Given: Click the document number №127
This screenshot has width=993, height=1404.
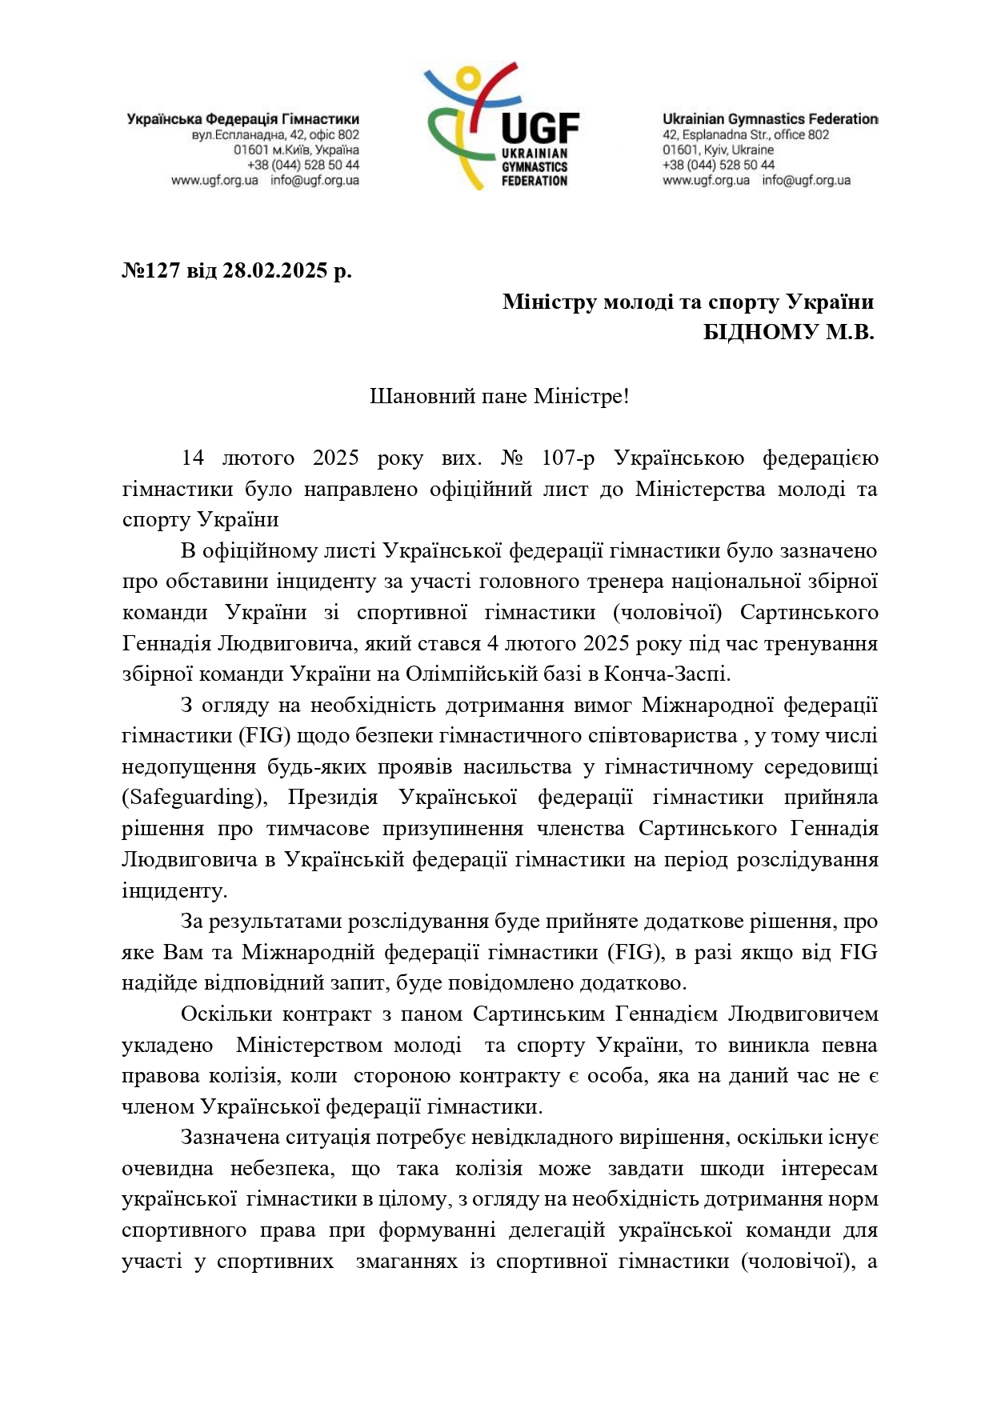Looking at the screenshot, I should pyautogui.click(x=151, y=270).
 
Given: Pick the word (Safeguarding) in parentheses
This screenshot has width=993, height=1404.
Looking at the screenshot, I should pyautogui.click(x=188, y=798).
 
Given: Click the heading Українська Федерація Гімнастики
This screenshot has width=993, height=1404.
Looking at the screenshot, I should pyautogui.click(x=242, y=119).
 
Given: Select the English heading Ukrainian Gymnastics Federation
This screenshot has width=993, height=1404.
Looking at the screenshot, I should pyautogui.click(x=770, y=119).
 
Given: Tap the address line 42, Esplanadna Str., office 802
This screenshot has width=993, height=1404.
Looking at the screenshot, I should pyautogui.click(x=746, y=134).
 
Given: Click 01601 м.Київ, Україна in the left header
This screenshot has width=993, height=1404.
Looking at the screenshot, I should pyautogui.click(x=296, y=150).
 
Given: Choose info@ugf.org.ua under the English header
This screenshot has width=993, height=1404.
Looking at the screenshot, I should pyautogui.click(x=806, y=180).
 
